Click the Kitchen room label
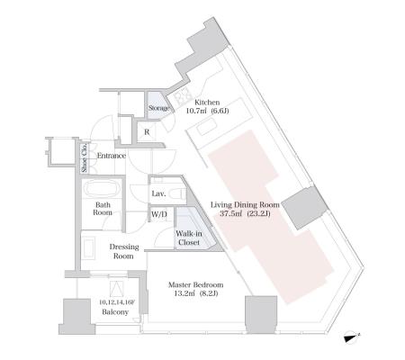tap(207, 103)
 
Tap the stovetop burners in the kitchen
tap(184, 97)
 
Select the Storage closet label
tap(158, 108)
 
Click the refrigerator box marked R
tap(147, 132)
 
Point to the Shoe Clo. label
tap(85, 157)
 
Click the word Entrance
tap(111, 156)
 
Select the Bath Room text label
tap(103, 209)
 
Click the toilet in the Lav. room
tap(176, 193)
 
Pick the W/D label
tap(159, 214)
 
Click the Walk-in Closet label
tap(189, 238)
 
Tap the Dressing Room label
tap(123, 251)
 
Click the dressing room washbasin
tap(88, 247)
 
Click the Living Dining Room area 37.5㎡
tap(231, 213)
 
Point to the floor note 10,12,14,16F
tap(117, 302)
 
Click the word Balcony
tap(115, 312)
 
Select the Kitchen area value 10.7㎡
tap(196, 111)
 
